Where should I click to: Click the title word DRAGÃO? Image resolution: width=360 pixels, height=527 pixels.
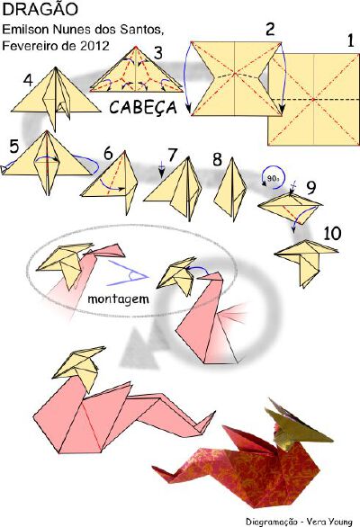click(x=40, y=9)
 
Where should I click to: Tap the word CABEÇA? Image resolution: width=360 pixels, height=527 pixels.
click(x=143, y=108)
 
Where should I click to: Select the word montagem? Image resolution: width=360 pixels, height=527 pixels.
click(x=118, y=299)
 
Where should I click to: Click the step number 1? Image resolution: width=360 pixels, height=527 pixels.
click(x=350, y=40)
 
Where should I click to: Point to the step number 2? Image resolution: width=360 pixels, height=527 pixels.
click(x=270, y=29)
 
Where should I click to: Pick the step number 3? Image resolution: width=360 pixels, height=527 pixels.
click(x=158, y=53)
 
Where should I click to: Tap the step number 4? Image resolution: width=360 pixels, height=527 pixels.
click(x=28, y=80)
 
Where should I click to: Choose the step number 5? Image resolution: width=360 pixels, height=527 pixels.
click(x=14, y=147)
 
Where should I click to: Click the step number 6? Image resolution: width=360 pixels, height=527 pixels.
click(x=108, y=154)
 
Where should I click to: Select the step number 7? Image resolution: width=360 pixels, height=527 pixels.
click(x=172, y=155)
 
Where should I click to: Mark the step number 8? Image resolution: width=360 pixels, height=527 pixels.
click(x=217, y=159)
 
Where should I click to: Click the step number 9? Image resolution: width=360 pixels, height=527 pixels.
click(x=311, y=188)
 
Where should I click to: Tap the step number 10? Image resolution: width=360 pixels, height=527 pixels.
click(x=332, y=233)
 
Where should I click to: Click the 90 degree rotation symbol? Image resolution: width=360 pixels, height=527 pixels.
click(x=273, y=177)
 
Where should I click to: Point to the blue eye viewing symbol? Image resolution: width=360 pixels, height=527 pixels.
click(x=128, y=273)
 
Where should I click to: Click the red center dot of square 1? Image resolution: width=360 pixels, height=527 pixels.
click(x=313, y=100)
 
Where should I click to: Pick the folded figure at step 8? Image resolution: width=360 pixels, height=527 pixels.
click(x=230, y=189)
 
